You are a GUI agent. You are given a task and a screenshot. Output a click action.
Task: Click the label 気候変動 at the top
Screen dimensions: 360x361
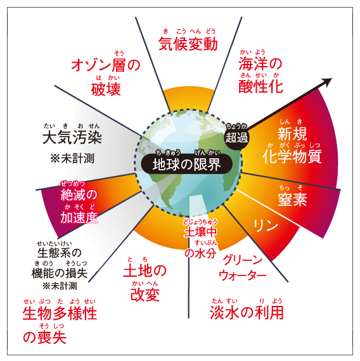tap(188, 44)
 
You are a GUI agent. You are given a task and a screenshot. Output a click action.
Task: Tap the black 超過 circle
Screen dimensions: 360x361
tap(236, 136)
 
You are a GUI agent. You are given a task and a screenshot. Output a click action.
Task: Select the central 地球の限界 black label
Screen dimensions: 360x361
tap(187, 164)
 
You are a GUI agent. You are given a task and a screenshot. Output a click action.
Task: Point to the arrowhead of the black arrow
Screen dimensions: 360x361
tap(328, 82)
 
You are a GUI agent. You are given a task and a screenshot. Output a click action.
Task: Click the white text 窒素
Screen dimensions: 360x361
tap(292, 199)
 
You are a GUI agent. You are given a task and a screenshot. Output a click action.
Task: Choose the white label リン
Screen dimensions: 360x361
tap(266, 225)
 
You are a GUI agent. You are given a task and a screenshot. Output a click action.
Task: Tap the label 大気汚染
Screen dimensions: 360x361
tap(72, 137)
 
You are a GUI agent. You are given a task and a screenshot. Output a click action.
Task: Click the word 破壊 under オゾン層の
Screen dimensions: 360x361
tap(106, 89)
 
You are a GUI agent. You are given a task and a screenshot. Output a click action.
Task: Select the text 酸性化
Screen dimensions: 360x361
tap(260, 86)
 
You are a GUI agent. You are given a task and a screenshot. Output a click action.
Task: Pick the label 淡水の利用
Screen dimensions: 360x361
tap(247, 312)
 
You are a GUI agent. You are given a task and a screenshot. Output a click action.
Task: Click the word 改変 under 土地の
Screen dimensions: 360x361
tap(145, 294)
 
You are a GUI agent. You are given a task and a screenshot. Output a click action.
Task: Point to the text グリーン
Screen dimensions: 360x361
tap(243, 260)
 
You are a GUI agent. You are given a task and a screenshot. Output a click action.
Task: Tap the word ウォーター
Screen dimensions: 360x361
tap(242, 275)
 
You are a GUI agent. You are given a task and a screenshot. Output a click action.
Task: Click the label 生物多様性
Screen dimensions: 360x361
tap(60, 313)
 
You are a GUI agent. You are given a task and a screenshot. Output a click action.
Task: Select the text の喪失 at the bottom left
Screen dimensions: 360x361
tap(45, 337)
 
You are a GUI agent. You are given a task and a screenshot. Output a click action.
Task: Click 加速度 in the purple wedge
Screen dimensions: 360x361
tap(79, 217)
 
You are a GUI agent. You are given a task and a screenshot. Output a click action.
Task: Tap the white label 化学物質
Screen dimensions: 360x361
tap(292, 156)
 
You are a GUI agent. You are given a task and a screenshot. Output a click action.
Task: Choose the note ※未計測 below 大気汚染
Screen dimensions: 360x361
tap(72, 158)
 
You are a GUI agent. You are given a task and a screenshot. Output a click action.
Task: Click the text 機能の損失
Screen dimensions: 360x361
tap(60, 273)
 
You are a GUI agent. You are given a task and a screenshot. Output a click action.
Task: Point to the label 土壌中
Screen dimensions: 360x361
tap(200, 232)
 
